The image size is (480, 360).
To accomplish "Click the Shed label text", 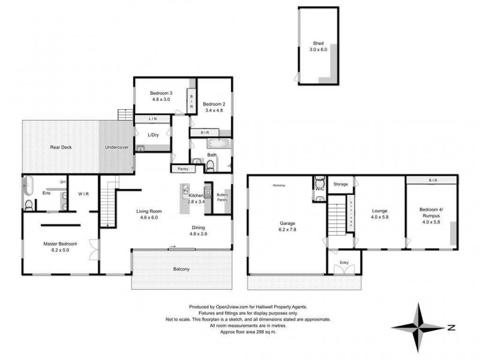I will click(317, 43).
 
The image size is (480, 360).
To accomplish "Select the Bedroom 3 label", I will click(161, 93).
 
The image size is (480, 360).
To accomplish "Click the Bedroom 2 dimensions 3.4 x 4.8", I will click(214, 110).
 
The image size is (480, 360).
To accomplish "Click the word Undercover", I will click(117, 147).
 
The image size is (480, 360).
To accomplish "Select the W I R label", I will click(83, 194).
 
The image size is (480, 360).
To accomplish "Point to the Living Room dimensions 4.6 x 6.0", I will click(147, 217).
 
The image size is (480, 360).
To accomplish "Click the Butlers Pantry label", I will click(223, 197).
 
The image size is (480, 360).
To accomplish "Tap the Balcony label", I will click(181, 269).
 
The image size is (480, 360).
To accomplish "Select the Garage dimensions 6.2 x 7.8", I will click(287, 230).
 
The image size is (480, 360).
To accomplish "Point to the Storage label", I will click(341, 184).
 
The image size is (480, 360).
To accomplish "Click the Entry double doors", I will click(344, 270).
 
